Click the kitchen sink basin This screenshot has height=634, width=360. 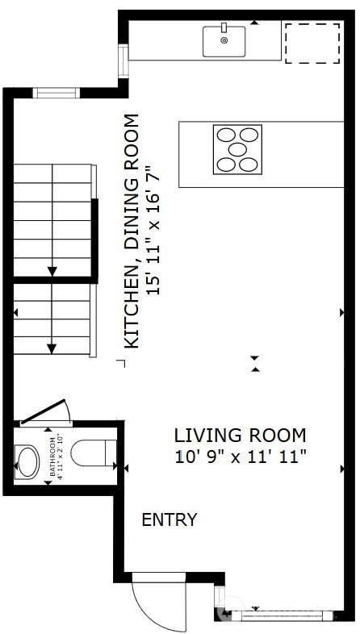(x=224, y=42)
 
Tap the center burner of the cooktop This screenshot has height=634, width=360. (x=237, y=150)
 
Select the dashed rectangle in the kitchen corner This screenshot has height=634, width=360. (x=312, y=43)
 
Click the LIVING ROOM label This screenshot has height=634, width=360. (x=241, y=436)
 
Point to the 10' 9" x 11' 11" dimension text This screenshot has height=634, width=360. (x=241, y=457)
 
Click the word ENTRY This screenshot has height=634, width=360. (x=169, y=520)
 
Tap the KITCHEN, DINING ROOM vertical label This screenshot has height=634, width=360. (x=132, y=231)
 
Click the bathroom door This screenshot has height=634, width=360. (x=46, y=412)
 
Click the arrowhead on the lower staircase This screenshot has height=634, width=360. (x=52, y=348)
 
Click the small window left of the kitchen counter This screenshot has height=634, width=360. (x=123, y=58)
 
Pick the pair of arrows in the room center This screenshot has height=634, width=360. (x=256, y=364)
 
